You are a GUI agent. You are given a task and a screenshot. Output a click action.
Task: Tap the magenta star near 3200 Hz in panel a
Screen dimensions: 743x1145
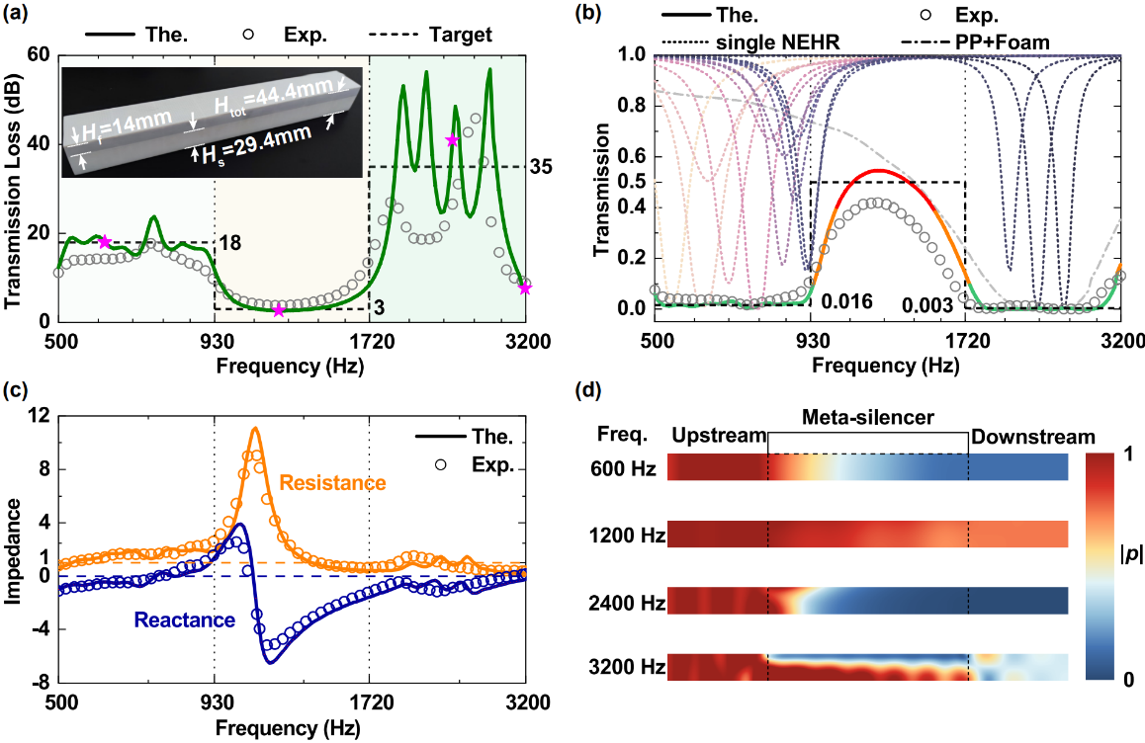[x=525, y=289]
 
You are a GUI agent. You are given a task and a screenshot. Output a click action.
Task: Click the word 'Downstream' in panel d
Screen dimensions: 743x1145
[x=1032, y=437]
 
